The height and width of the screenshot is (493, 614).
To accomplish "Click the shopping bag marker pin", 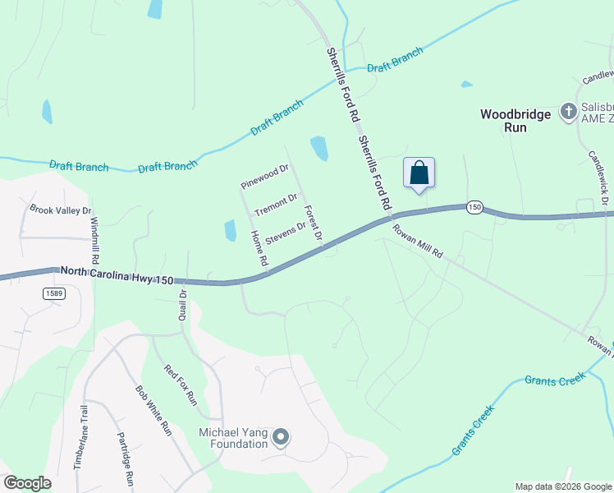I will click(x=419, y=173).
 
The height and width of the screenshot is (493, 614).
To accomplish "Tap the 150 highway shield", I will click(x=474, y=207).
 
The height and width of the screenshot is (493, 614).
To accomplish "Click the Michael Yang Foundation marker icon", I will click(x=281, y=437).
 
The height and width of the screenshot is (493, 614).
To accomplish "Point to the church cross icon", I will click(x=568, y=110).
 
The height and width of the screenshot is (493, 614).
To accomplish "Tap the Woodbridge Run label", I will click(x=515, y=121).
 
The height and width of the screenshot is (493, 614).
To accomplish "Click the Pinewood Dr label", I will click(x=264, y=175).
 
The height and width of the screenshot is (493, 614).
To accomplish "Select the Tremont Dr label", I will click(x=275, y=205).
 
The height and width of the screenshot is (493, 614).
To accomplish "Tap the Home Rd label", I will click(x=259, y=248).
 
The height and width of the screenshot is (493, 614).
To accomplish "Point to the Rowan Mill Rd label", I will click(x=416, y=242).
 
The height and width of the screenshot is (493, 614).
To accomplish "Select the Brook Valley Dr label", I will click(x=60, y=210).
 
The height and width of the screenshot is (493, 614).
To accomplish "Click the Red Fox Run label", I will click(x=181, y=385).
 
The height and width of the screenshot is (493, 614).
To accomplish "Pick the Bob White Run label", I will click(x=153, y=410).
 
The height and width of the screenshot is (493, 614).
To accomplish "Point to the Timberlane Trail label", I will click(x=80, y=437).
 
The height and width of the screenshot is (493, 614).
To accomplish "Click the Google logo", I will click(x=27, y=483).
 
